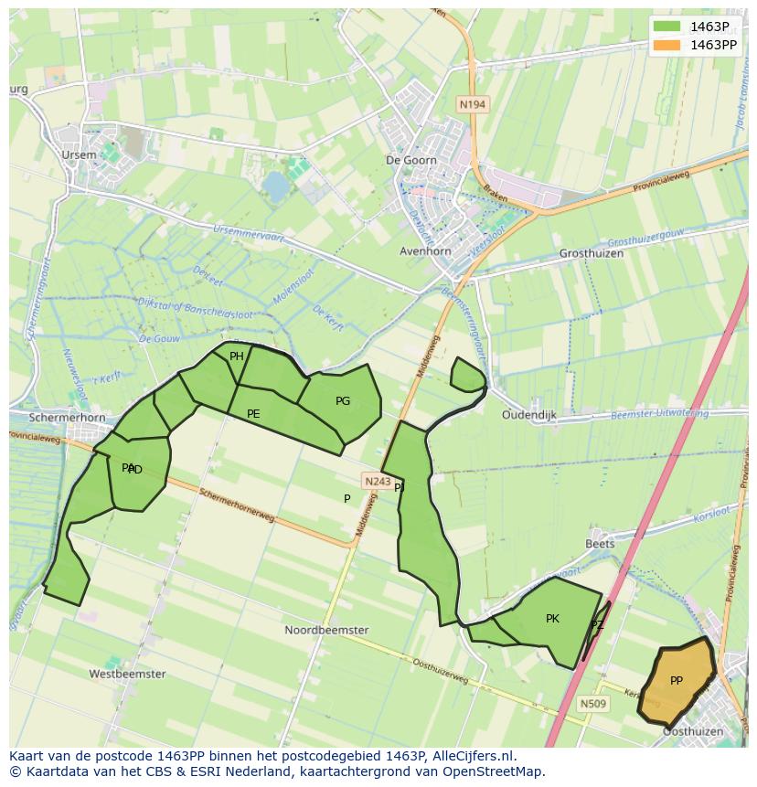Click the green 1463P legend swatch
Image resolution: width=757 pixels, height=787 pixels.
(668, 27)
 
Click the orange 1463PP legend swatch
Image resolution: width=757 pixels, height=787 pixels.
(668, 45)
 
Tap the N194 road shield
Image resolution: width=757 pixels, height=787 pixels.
(472, 104)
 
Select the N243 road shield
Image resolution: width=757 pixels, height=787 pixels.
(377, 481)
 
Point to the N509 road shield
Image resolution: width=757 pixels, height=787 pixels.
(592, 703)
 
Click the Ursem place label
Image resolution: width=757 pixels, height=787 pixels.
(79, 154)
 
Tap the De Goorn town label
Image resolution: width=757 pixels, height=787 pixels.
(411, 160)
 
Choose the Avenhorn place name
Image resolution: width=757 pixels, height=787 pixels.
(425, 250)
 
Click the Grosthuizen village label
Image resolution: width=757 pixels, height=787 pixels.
(591, 253)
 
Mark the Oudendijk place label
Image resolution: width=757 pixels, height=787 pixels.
(528, 414)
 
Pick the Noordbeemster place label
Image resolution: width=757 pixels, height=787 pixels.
(326, 630)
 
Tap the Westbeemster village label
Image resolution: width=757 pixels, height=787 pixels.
(127, 674)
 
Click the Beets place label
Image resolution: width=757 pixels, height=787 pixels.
(600, 543)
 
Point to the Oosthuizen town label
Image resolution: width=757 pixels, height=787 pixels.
(692, 731)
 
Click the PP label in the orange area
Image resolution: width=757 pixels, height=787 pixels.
(677, 680)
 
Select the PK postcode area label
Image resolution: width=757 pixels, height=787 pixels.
(552, 619)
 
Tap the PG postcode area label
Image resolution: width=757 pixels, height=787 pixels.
(343, 401)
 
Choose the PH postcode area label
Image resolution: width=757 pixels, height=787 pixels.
(237, 356)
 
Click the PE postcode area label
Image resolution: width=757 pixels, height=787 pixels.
(253, 414)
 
